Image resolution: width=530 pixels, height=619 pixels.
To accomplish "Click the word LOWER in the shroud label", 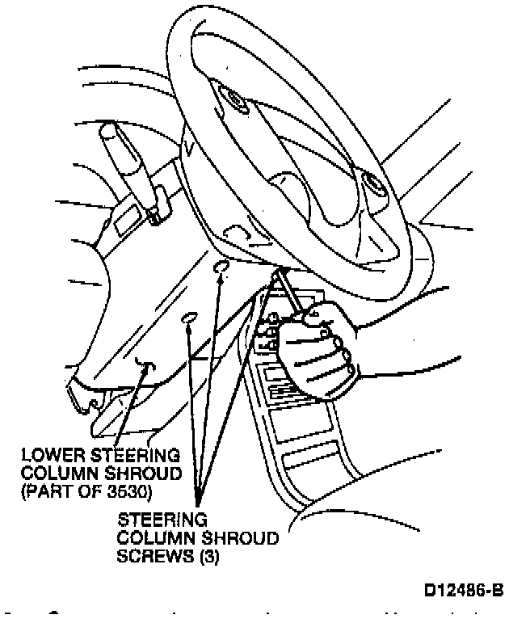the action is [48, 454].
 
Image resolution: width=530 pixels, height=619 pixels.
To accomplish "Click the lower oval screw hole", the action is [189, 318].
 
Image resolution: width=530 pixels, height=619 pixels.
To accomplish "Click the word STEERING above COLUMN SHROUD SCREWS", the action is [151, 520].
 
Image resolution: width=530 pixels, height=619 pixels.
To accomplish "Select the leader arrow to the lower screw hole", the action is [192, 404].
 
